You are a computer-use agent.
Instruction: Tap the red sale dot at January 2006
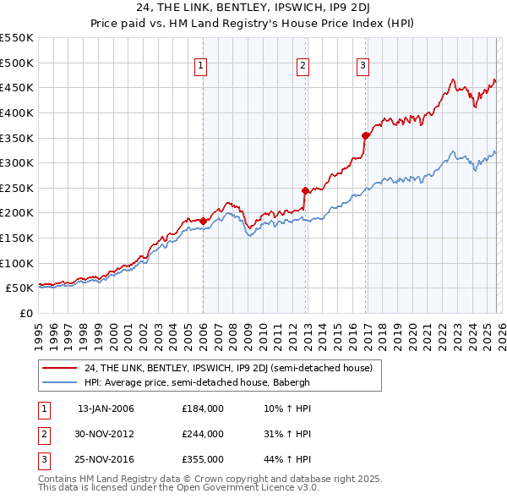coord(203,221)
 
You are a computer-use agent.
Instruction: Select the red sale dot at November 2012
coord(305,190)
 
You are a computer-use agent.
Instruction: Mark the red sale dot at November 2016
coord(365,135)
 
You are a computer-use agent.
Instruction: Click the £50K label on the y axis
coord(19,288)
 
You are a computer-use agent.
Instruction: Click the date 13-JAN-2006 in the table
coord(106,409)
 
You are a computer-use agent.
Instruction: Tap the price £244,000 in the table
coord(203,434)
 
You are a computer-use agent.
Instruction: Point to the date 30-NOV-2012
coord(106,434)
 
